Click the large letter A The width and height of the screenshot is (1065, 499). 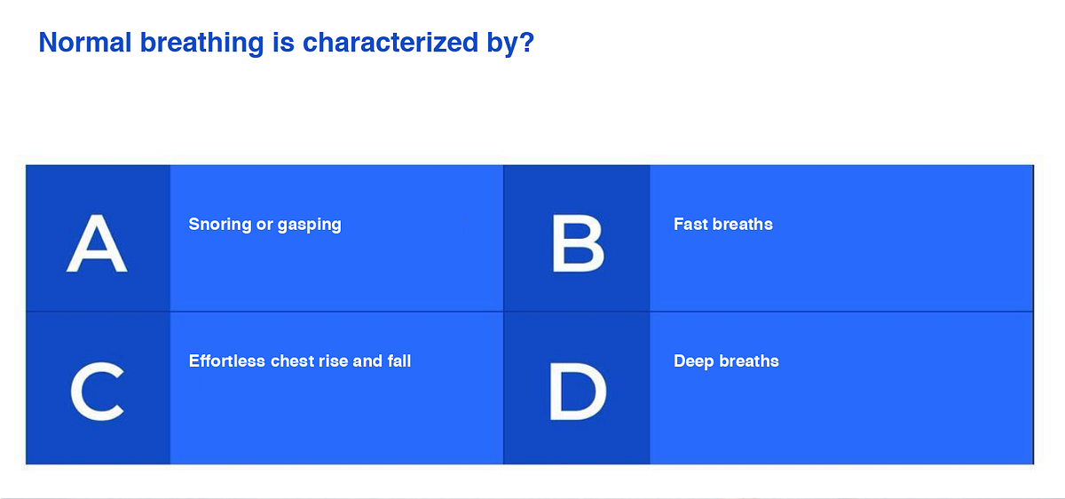tap(97, 245)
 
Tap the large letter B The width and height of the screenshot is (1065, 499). tap(578, 245)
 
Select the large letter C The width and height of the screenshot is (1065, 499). tap(97, 392)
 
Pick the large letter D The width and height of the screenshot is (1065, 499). tap(578, 392)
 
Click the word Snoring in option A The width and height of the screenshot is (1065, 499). tap(220, 225)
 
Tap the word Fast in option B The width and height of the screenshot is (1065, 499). tap(690, 225)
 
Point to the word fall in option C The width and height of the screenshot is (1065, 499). tap(399, 361)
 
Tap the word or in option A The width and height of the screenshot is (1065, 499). tap(264, 225)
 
